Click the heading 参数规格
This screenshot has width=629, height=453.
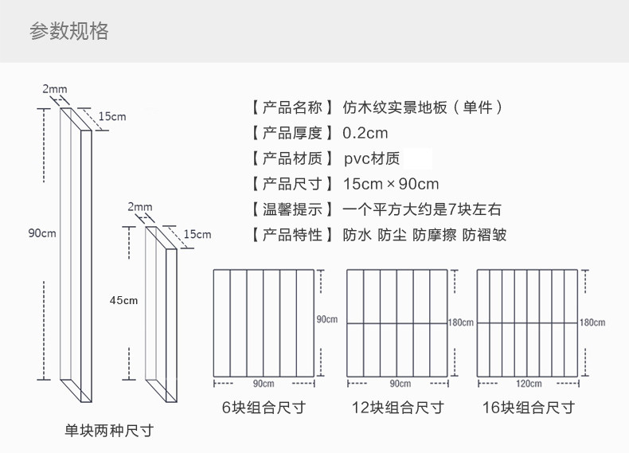click(x=68, y=31)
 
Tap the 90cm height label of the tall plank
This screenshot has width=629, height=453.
click(x=41, y=233)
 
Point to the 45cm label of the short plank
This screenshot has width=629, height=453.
click(x=123, y=300)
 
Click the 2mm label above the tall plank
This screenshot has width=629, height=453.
click(x=55, y=88)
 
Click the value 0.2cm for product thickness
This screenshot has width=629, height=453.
click(x=365, y=133)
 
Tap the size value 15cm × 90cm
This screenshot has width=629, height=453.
click(x=391, y=184)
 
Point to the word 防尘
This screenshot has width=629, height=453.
click(x=392, y=235)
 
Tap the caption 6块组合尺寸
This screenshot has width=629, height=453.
click(x=264, y=408)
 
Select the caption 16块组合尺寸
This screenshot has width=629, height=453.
click(x=528, y=408)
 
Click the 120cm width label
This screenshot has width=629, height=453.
click(x=528, y=383)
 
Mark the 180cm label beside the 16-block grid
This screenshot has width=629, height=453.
click(x=592, y=322)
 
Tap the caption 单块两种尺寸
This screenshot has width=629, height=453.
click(x=108, y=431)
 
